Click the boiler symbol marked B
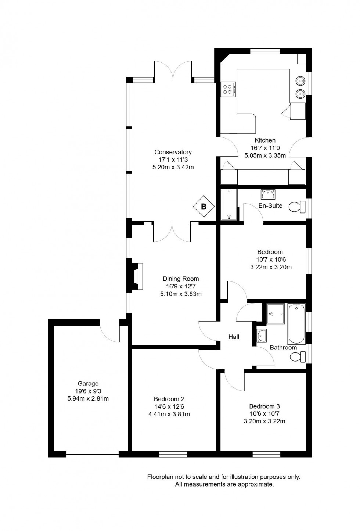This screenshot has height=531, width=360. pyautogui.click(x=204, y=207)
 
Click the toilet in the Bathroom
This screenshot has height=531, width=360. pyautogui.click(x=298, y=356)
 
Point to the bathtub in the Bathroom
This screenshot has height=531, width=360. pyautogui.click(x=296, y=323)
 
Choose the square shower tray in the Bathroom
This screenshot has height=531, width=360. pyautogui.click(x=276, y=314)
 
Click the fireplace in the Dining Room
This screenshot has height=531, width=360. pyautogui.click(x=137, y=276)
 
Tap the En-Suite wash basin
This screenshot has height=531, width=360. pyautogui.click(x=268, y=194)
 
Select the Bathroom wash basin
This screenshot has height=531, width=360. pyautogui.click(x=262, y=335)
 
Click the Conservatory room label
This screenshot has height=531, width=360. pyautogui.click(x=173, y=152)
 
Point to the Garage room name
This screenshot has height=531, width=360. pyautogui.click(x=88, y=384)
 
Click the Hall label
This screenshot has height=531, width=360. pyautogui.click(x=234, y=337)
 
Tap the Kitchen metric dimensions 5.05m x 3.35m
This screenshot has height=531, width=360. pyautogui.click(x=265, y=155)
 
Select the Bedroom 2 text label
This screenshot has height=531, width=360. pyautogui.click(x=169, y=399)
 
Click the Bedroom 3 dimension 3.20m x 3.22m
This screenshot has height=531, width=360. pyautogui.click(x=264, y=421)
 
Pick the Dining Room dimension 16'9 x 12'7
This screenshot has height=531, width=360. pyautogui.click(x=181, y=286)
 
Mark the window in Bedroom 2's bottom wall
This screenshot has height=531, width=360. pyautogui.click(x=173, y=454)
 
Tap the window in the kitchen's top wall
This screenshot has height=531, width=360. pyautogui.click(x=265, y=51)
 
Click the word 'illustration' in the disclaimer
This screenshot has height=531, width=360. pyautogui.click(x=244, y=477)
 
